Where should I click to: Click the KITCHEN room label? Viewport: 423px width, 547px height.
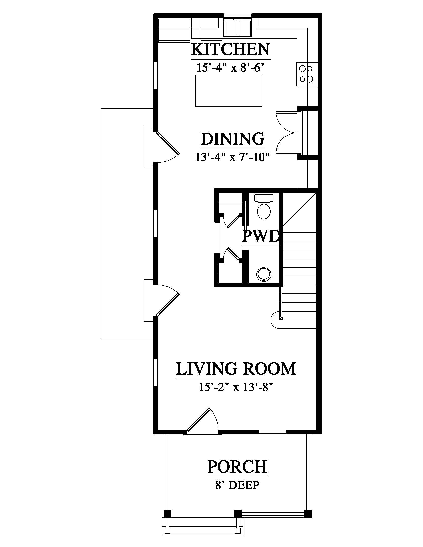(x=231, y=49)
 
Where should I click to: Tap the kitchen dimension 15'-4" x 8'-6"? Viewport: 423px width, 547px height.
(x=231, y=68)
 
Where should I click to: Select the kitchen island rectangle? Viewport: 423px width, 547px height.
(x=228, y=91)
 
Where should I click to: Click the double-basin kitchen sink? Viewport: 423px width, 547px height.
(x=238, y=28)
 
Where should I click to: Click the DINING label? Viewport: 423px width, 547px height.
(x=233, y=139)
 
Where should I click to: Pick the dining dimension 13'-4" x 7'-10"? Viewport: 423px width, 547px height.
(x=232, y=158)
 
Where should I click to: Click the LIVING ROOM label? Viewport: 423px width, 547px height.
(x=236, y=369)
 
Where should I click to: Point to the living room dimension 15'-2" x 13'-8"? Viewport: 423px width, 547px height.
(x=236, y=387)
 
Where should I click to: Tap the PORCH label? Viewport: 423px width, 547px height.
(x=237, y=467)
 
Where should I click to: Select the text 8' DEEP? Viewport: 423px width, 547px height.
(x=237, y=485)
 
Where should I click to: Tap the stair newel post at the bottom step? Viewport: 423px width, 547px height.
(x=281, y=318)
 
